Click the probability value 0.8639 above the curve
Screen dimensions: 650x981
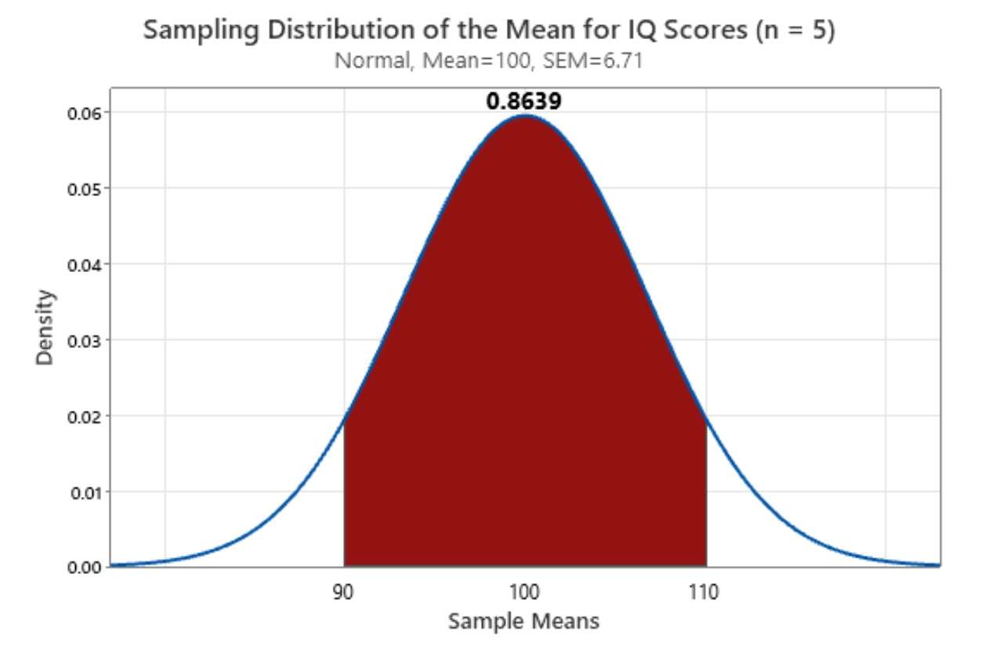coord(523,101)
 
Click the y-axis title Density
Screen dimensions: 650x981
coord(45,327)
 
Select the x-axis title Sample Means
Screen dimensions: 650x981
coord(523,622)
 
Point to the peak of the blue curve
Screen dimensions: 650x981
coord(524,116)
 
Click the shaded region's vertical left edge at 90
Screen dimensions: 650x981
coord(344,494)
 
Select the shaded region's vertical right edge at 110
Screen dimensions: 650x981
coord(706,494)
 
